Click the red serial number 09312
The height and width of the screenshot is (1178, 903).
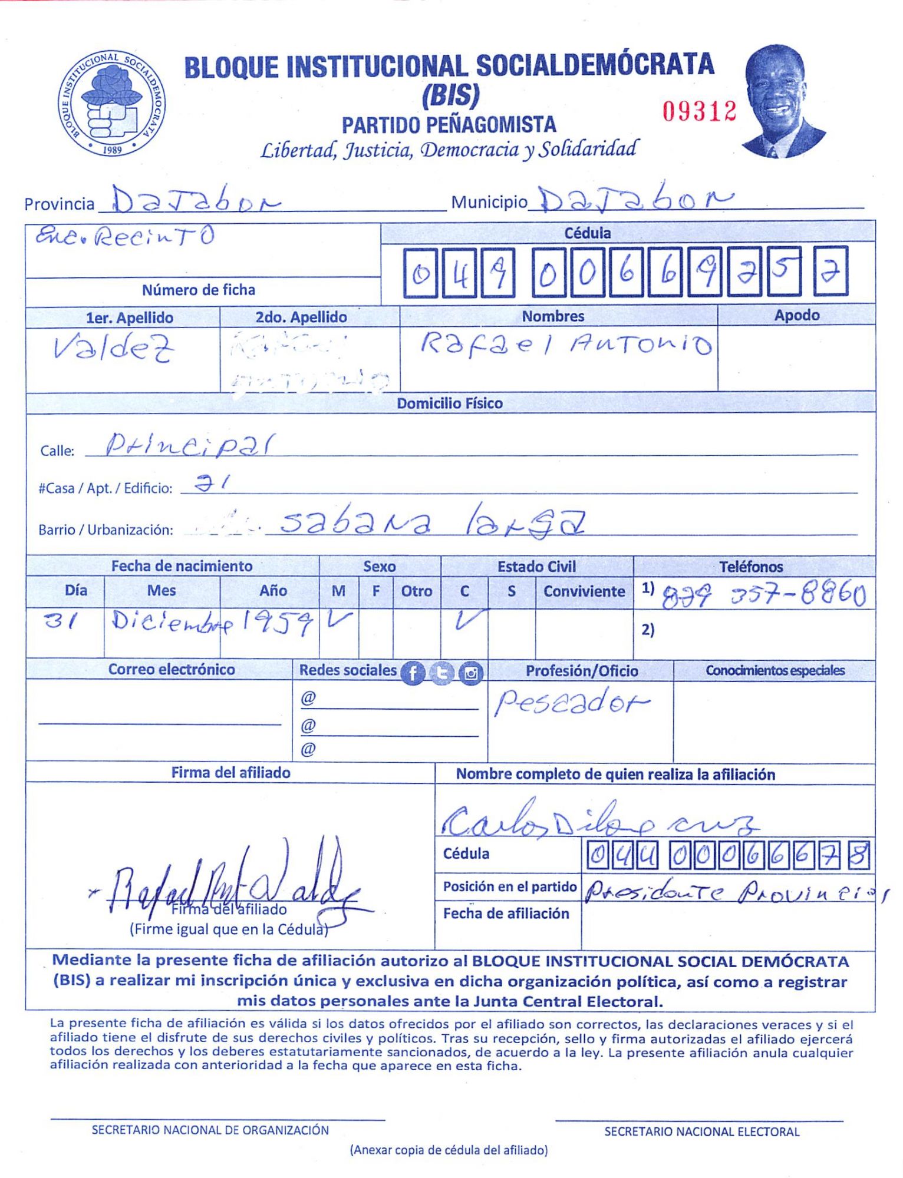pyautogui.click(x=699, y=111)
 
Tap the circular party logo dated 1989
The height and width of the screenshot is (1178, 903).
pyautogui.click(x=111, y=103)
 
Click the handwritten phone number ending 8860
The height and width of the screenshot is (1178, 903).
pyautogui.click(x=764, y=596)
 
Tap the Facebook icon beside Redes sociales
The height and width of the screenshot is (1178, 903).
pyautogui.click(x=413, y=673)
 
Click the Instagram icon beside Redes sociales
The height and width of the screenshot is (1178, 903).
pyautogui.click(x=470, y=673)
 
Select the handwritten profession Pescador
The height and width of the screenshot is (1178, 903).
pyautogui.click(x=571, y=703)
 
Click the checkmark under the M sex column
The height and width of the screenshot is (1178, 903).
pyautogui.click(x=339, y=620)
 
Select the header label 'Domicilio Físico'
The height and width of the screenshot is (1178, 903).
pyautogui.click(x=450, y=403)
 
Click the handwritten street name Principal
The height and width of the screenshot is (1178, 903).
pyautogui.click(x=190, y=446)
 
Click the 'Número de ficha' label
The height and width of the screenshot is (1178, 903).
pyautogui.click(x=199, y=290)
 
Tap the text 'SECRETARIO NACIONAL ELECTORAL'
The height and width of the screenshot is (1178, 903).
pyautogui.click(x=701, y=1131)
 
